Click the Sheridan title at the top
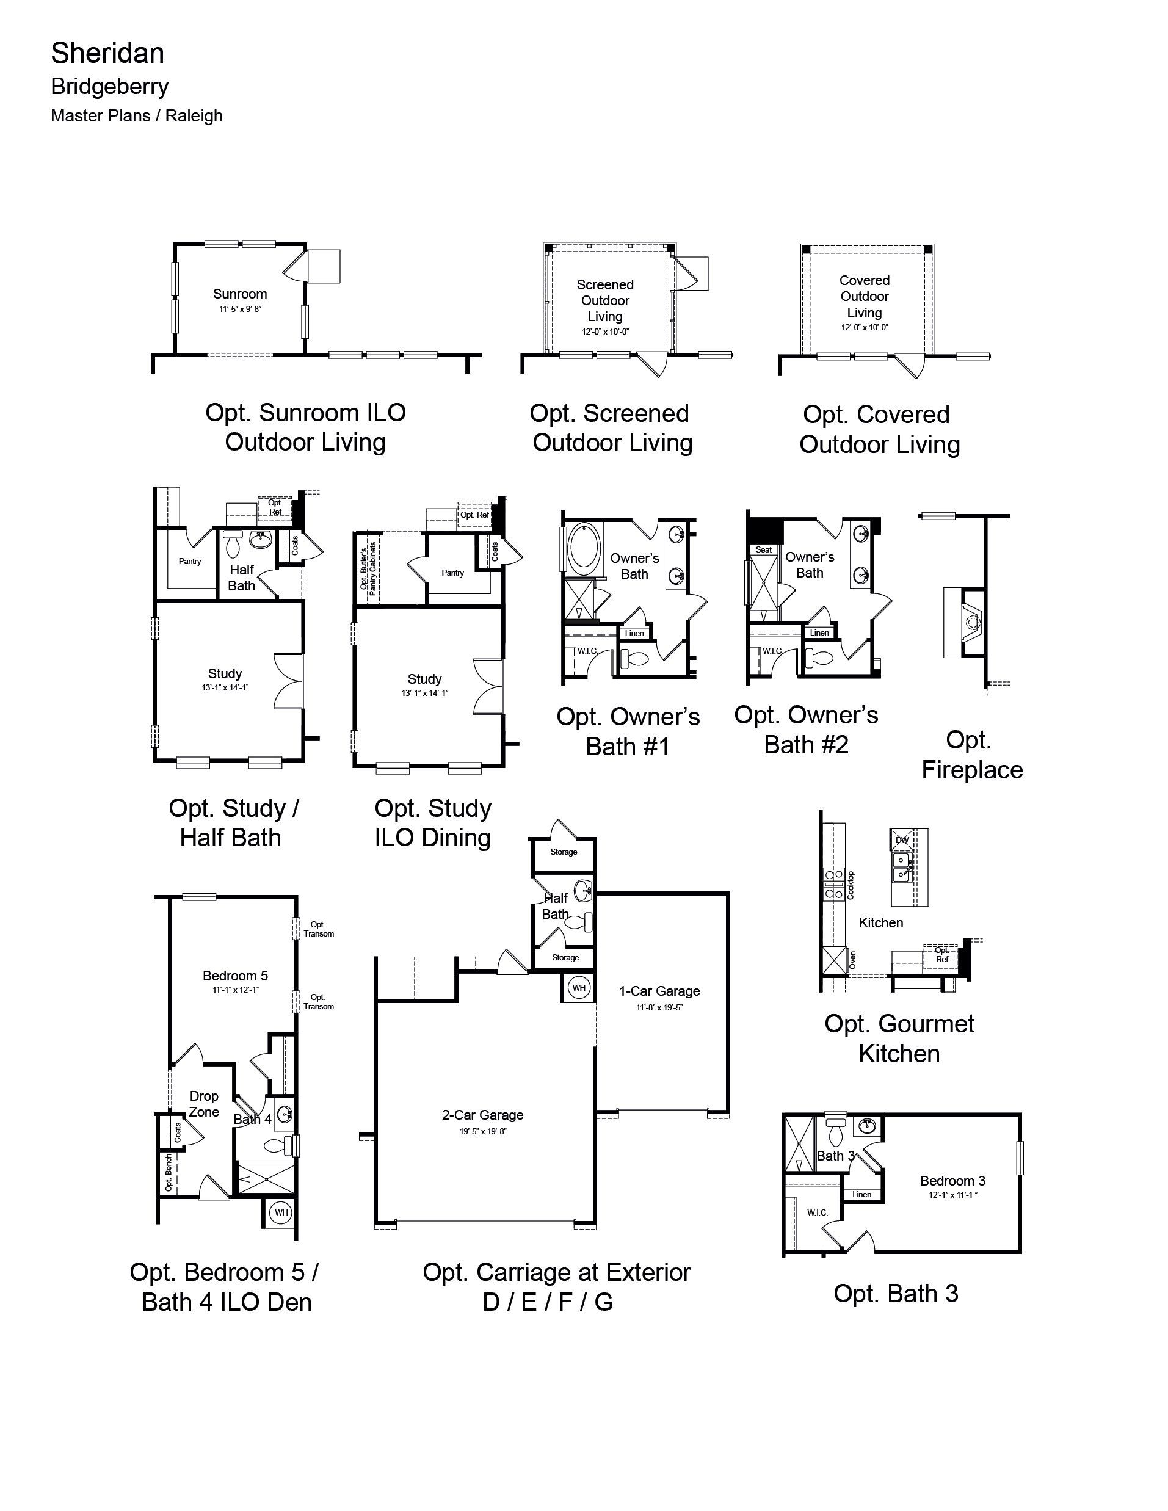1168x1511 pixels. click(107, 53)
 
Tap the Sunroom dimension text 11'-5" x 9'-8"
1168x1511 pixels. click(240, 310)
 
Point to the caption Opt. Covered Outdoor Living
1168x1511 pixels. click(879, 429)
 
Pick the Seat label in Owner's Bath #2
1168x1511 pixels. click(764, 550)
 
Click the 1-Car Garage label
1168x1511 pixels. click(659, 991)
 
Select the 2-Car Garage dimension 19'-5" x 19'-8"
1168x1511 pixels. click(482, 1132)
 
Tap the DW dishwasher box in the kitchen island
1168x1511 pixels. click(902, 840)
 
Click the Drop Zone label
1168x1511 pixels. click(204, 1104)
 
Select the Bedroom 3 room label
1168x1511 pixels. click(953, 1181)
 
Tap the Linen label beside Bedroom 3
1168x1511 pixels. click(862, 1194)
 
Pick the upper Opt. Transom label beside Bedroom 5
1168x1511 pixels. click(318, 929)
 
